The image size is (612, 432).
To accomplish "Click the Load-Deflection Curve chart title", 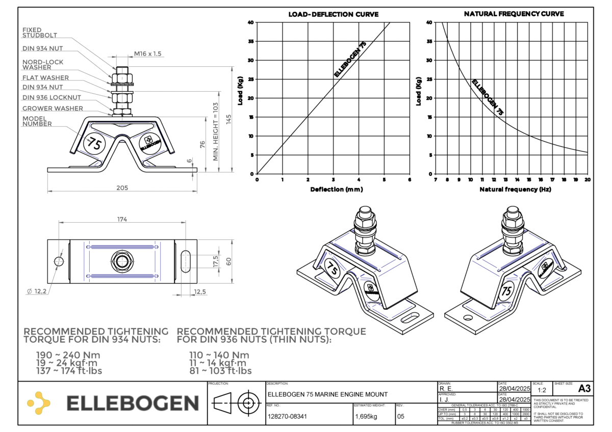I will pyautogui.click(x=334, y=14).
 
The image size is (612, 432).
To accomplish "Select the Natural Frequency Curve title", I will pyautogui.click(x=514, y=14).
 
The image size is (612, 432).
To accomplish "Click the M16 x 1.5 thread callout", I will pyautogui.click(x=148, y=53).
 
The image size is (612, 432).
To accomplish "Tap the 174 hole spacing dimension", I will pyautogui.click(x=121, y=219).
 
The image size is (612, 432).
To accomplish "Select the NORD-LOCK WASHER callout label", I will pyautogui.click(x=42, y=65).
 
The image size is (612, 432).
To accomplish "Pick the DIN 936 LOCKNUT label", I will pyautogui.click(x=52, y=97).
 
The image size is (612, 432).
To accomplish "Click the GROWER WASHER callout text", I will pyautogui.click(x=53, y=108).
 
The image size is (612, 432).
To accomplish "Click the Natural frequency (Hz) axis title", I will pyautogui.click(x=515, y=190).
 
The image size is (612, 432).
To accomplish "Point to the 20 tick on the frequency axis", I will pyautogui.click(x=588, y=180).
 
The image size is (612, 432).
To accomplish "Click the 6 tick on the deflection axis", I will pyautogui.click(x=410, y=180).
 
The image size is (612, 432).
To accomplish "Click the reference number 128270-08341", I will pyautogui.click(x=287, y=416).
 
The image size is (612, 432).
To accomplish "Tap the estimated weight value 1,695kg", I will pyautogui.click(x=366, y=416).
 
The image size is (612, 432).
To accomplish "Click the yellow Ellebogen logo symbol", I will pyautogui.click(x=39, y=402).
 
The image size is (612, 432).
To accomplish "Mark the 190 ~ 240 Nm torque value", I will pyautogui.click(x=68, y=355).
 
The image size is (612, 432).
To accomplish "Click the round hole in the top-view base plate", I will pyautogui.click(x=59, y=261).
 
